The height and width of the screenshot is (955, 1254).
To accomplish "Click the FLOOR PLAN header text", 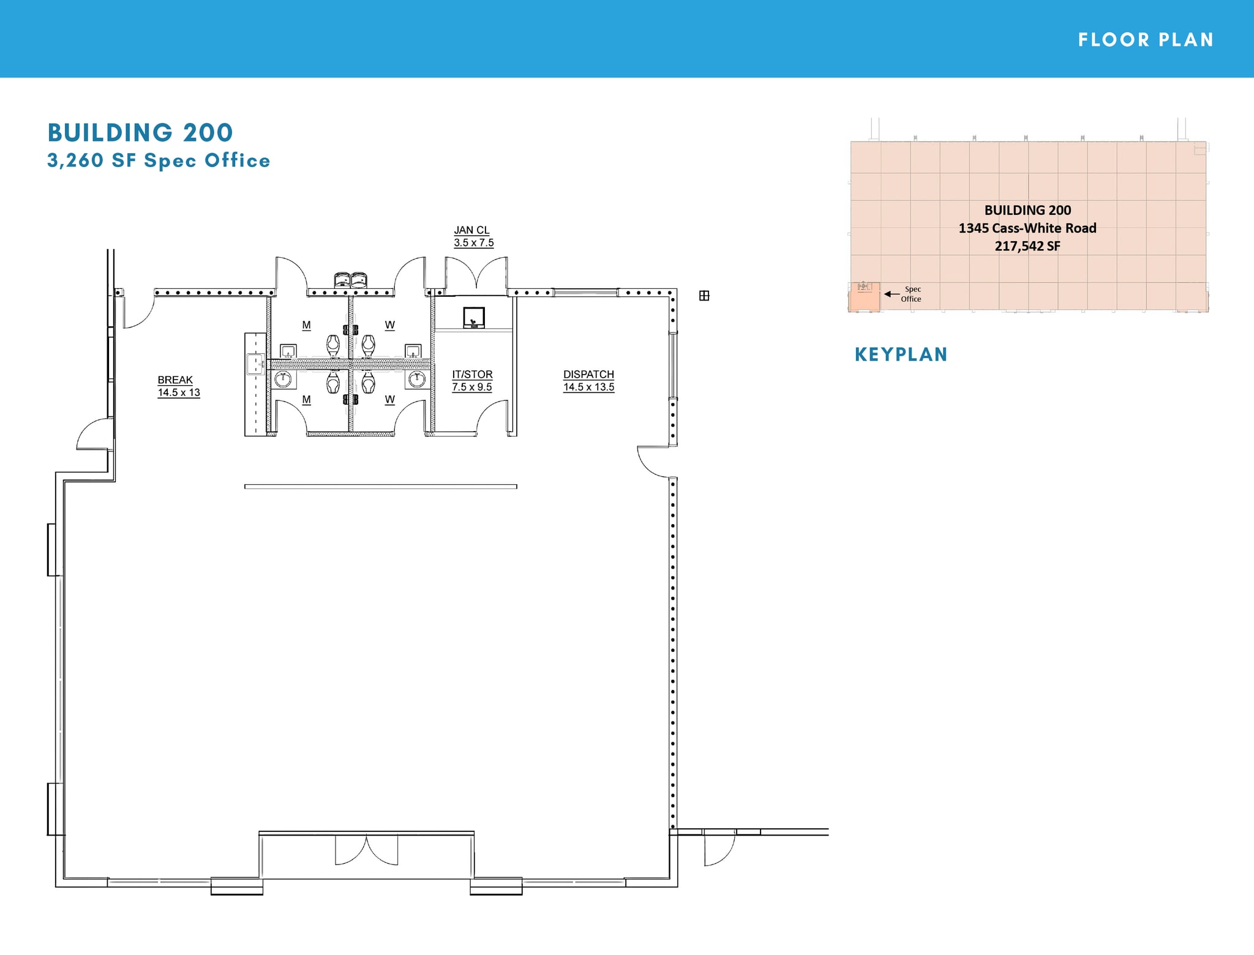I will [x=1146, y=40].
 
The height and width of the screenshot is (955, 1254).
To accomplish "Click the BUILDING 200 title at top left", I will [x=140, y=133].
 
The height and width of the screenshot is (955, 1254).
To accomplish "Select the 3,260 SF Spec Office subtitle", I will [x=159, y=160].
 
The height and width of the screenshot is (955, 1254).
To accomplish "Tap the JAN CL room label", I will [x=471, y=230].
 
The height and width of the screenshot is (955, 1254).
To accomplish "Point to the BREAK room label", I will [x=175, y=380].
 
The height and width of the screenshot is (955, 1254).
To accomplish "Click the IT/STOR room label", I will [x=472, y=374].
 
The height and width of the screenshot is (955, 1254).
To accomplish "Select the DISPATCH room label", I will [x=588, y=374].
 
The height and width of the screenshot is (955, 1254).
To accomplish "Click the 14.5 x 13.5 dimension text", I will [x=588, y=387].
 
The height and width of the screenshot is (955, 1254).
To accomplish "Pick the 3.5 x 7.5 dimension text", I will [x=473, y=242].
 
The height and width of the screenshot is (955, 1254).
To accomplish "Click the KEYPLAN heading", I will [x=901, y=354].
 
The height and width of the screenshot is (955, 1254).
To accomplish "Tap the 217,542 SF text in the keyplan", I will [x=1027, y=246].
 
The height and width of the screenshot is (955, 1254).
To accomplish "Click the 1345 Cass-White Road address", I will [x=1027, y=228].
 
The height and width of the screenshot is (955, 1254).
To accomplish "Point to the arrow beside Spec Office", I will [x=892, y=294].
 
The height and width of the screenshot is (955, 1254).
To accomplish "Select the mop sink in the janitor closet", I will [x=473, y=318].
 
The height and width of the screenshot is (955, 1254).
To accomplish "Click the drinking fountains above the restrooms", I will [x=350, y=280].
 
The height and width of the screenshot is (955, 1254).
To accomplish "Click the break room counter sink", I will [x=255, y=364].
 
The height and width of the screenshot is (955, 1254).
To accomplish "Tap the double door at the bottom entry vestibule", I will [x=366, y=850].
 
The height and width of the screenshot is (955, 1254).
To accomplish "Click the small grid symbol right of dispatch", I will [x=704, y=296].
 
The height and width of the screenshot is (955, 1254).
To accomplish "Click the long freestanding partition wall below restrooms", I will [x=380, y=487].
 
